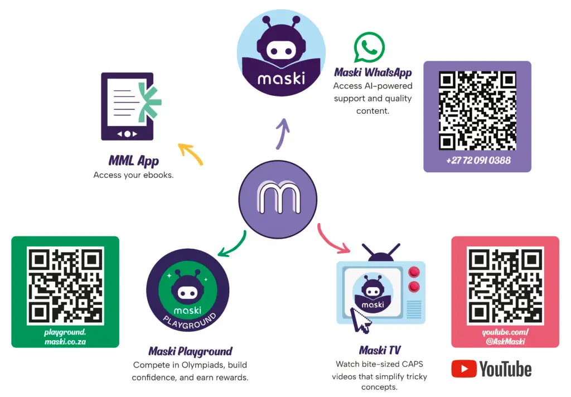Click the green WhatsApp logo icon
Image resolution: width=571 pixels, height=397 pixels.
(369, 48)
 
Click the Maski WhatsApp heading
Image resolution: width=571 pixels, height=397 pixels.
(373, 72)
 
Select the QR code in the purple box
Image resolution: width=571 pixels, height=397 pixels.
(477, 109)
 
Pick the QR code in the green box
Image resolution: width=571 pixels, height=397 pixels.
(65, 285)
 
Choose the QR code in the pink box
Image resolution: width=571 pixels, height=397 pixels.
(505, 285)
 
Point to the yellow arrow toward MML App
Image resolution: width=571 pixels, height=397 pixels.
(190, 154)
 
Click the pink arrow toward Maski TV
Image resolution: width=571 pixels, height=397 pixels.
(333, 237)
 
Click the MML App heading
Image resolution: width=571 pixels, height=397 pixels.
(134, 161)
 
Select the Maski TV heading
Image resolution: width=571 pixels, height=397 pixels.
(380, 350)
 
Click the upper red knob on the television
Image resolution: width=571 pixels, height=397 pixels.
(414, 273)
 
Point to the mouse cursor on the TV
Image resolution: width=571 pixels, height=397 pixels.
(360, 320)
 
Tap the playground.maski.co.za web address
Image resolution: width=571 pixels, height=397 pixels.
(65, 337)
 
